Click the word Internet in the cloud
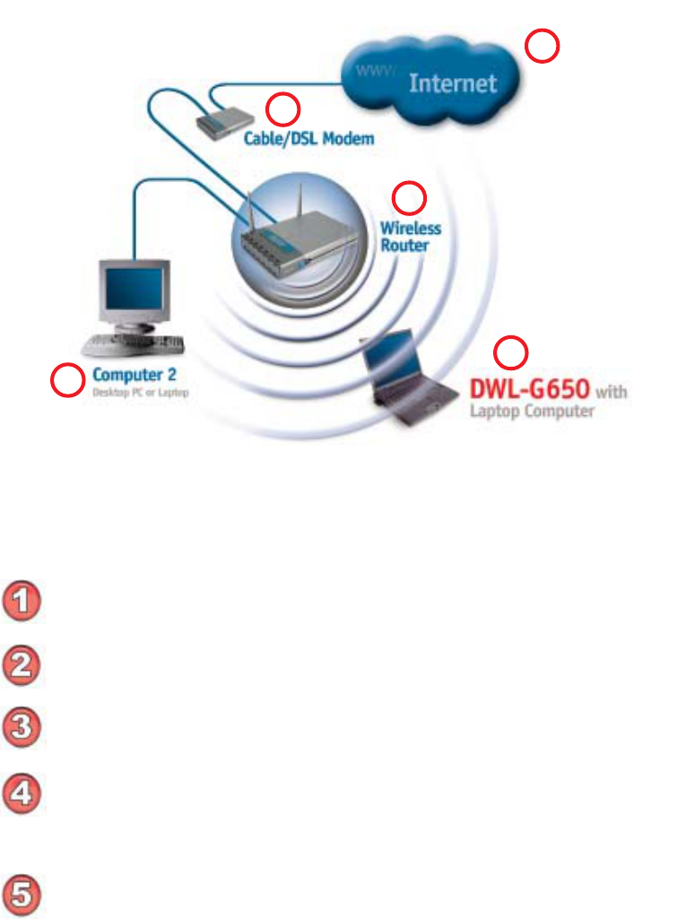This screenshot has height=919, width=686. (452, 83)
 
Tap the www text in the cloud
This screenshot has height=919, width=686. (375, 69)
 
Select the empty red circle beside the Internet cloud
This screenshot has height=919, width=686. (542, 46)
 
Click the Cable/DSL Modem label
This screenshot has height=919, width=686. (309, 139)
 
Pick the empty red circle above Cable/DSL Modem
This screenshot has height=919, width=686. (283, 110)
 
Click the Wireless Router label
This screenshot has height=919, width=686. (410, 236)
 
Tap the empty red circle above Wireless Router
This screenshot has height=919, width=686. (411, 196)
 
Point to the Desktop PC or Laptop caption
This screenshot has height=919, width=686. (141, 392)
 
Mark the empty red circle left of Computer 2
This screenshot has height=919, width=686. (65, 381)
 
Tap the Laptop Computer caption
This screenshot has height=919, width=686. (533, 412)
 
